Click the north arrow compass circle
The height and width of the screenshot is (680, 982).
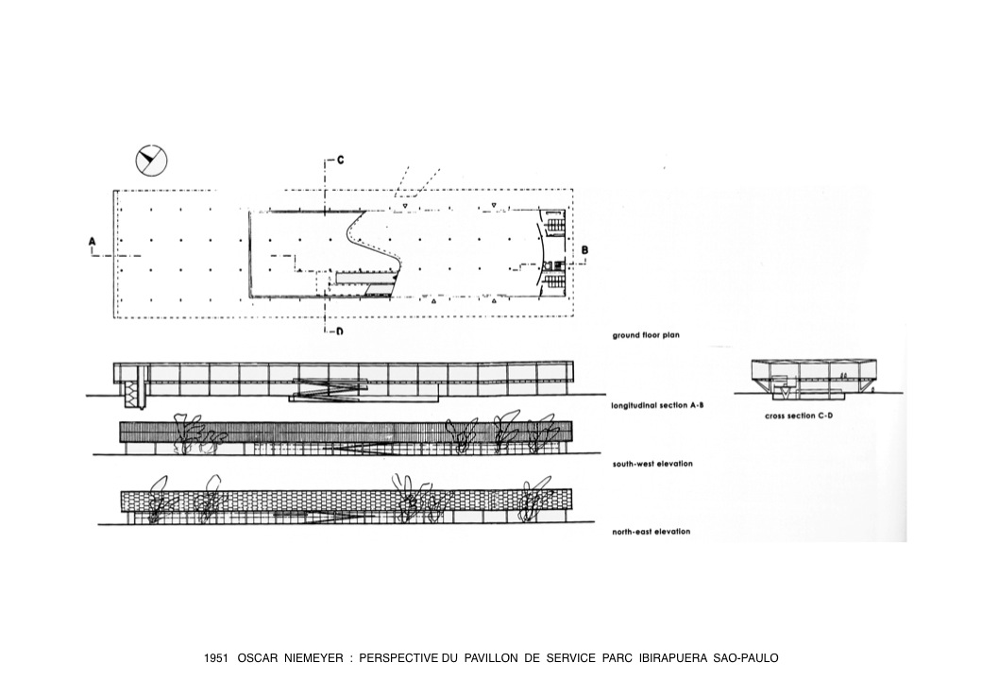[x=152, y=161]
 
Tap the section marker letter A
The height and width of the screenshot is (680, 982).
[x=93, y=241]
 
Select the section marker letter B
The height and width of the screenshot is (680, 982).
[x=584, y=250]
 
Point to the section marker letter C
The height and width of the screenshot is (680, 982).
[x=340, y=160]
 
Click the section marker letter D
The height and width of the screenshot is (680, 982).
[x=339, y=331]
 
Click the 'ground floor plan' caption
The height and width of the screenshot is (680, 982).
[x=646, y=335]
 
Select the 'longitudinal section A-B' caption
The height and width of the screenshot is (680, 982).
[x=657, y=405]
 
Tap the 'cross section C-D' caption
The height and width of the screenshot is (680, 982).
[x=799, y=416]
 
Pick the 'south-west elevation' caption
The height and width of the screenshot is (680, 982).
[x=652, y=464]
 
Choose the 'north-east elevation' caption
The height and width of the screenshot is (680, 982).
[x=652, y=532]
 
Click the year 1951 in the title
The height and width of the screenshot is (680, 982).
[x=215, y=658]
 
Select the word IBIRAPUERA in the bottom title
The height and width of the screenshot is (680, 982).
[x=672, y=658]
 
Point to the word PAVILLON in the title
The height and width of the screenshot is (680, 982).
[x=491, y=658]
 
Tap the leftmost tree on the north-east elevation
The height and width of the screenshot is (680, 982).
[x=158, y=499]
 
